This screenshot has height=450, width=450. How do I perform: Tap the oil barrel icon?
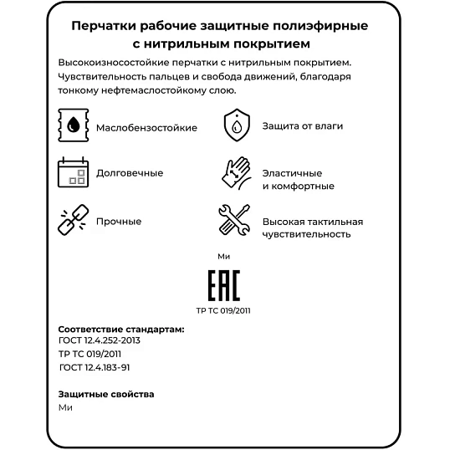point(73,126)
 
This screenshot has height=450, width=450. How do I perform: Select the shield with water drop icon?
point(237,125)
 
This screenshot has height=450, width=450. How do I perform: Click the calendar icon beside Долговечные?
point(73,172)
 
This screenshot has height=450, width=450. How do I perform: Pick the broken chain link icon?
point(72,221)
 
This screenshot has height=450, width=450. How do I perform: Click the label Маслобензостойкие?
point(146,127)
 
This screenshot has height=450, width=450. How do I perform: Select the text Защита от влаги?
point(302,126)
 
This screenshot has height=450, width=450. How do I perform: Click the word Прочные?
point(119,222)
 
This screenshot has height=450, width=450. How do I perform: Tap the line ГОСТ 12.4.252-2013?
point(100,341)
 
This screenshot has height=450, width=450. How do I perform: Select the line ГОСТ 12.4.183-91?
point(95,367)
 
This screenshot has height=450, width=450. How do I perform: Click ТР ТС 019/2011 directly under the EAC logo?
point(222,310)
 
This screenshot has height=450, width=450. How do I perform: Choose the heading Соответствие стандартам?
point(121,330)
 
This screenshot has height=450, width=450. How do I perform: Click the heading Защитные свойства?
point(106,393)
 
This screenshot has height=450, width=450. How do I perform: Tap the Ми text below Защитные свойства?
point(66,407)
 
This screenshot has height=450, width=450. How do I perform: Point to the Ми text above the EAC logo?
point(222,256)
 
